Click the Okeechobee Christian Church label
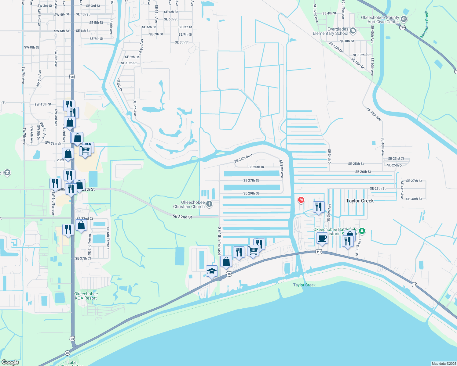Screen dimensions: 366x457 189,204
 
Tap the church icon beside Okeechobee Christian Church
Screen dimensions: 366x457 209,204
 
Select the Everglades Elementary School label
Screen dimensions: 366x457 330,31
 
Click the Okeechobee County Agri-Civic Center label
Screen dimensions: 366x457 380,20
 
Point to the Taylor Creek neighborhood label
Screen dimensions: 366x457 360,201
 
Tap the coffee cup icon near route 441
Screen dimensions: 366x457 322,238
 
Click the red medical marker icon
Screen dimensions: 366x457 301,200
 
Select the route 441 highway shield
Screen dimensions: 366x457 319,252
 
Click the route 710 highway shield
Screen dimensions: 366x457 402,27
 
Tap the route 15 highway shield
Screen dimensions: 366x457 414,285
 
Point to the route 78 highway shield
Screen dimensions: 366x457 67,353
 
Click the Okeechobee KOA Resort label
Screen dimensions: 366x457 86,296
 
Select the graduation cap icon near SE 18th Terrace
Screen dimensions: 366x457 212,271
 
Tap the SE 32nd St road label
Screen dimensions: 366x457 182,217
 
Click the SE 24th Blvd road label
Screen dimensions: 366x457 243,158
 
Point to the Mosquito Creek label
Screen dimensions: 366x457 424,24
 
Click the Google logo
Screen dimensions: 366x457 10,362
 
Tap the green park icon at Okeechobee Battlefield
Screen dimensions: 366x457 362,231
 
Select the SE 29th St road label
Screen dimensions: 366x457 251,193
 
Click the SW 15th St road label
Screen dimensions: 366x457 43,104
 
